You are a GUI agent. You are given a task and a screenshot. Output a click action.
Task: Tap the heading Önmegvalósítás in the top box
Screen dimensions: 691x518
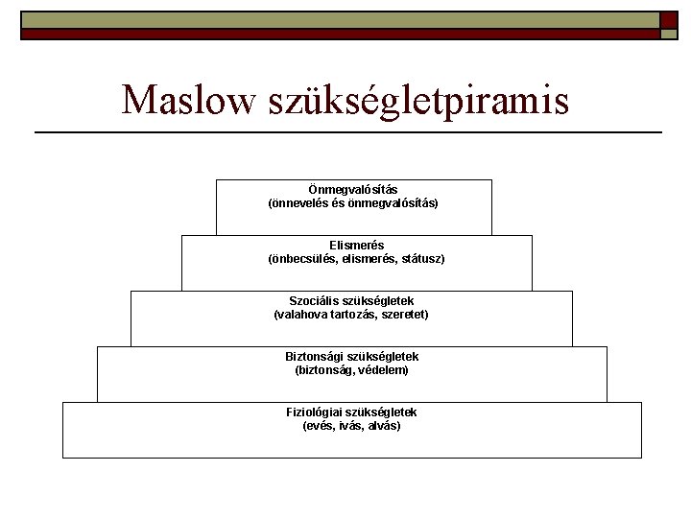(x=352, y=190)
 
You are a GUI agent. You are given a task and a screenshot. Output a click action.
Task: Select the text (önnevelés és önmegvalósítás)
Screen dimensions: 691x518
(x=352, y=203)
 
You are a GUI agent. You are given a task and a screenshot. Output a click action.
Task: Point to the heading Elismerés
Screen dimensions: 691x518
(x=356, y=246)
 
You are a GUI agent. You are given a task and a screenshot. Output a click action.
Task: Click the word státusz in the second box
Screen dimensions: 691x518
(x=419, y=259)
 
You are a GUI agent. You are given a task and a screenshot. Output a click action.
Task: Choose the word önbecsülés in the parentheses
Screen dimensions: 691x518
(x=301, y=259)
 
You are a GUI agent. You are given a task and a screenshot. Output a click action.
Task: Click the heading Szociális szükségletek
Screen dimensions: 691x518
(x=351, y=301)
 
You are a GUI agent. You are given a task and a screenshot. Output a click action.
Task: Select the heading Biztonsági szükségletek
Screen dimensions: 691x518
(x=351, y=357)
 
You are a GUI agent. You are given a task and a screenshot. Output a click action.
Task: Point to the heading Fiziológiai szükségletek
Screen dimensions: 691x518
(x=351, y=412)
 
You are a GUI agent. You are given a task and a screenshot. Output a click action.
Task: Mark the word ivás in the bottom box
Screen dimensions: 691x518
(x=349, y=426)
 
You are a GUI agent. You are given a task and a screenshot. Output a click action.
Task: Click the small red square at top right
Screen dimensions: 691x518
(x=669, y=20)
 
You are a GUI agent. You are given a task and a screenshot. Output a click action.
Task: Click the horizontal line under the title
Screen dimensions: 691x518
(x=347, y=131)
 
